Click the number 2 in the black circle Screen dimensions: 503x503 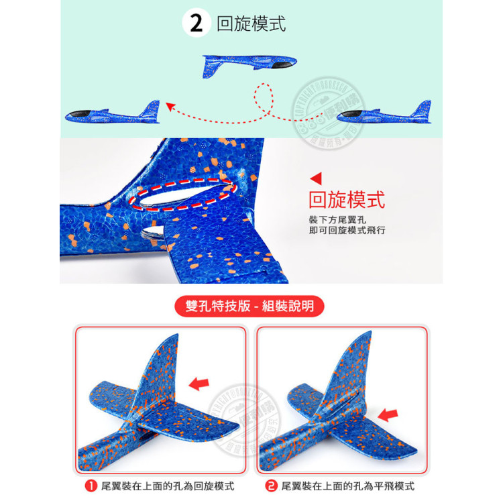point(197,23)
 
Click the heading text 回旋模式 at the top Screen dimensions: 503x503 point(251,23)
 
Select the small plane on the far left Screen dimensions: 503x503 point(113,114)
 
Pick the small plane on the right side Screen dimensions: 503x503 point(384,115)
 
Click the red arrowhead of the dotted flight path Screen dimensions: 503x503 point(170,105)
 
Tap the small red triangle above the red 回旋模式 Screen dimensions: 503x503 point(317,178)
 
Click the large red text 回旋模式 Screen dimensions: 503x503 point(346,200)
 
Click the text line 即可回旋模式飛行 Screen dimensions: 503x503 point(347,231)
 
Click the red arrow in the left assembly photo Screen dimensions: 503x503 point(199,384)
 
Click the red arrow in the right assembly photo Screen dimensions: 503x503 point(388,414)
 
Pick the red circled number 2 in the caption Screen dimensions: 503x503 point(272,486)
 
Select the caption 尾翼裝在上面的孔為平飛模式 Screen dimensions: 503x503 point(347,486)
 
